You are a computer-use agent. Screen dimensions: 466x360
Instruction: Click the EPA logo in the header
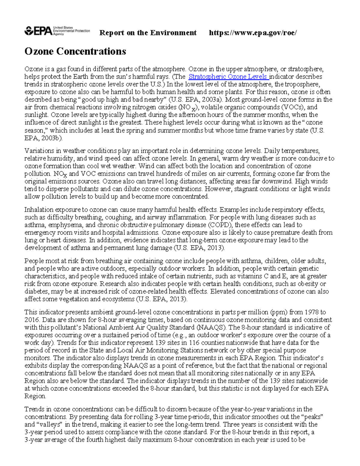pos(57,31)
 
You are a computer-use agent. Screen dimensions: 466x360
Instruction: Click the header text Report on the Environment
pos(148,33)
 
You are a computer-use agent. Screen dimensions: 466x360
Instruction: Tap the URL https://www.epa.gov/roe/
pos(253,33)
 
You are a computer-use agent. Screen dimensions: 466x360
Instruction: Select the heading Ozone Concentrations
pos(75,51)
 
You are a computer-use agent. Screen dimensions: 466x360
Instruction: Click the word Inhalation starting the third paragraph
pos(38,210)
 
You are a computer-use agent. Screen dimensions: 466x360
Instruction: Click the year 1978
pos(312,312)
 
